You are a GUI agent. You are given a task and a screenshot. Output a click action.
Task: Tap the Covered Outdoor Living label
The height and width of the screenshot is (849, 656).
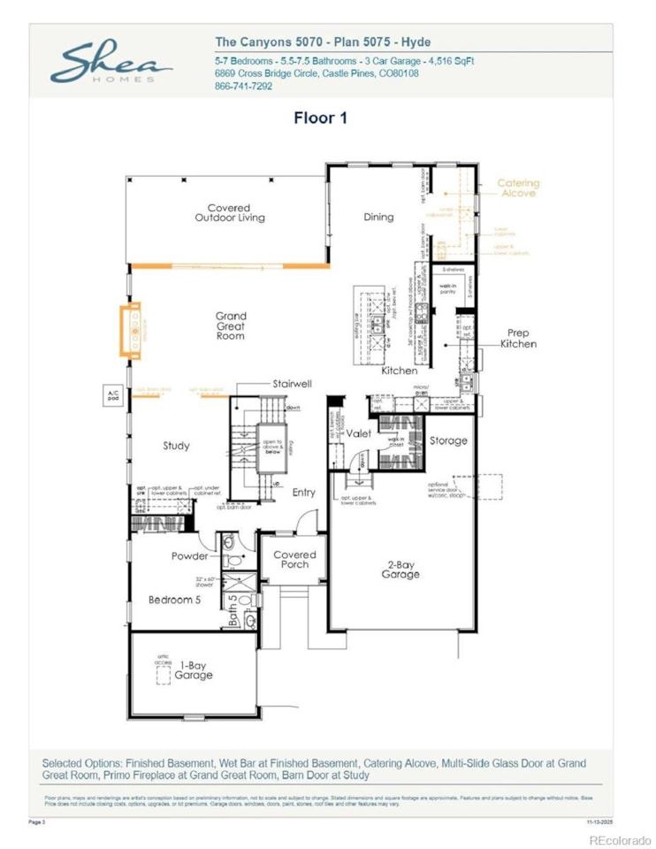coord(230,213)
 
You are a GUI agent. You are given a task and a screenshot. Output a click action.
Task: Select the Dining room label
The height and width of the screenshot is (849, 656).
coord(378,217)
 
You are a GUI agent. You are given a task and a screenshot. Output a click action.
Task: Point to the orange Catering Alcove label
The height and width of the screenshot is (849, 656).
coord(519,188)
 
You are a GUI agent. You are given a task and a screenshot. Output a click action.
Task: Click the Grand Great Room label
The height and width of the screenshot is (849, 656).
coord(231,325)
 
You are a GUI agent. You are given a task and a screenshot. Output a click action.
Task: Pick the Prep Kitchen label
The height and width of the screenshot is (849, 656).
coord(518,339)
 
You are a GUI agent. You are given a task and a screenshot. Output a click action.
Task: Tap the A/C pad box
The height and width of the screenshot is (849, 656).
coord(112,394)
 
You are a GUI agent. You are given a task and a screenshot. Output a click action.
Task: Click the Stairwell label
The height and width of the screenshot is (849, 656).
coord(293,385)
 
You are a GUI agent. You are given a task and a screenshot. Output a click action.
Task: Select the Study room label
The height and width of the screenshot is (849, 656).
coord(176,446)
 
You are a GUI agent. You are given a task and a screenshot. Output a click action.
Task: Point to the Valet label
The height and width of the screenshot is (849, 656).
coord(357,434)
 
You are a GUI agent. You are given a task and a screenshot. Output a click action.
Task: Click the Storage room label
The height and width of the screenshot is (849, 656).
coord(448,440)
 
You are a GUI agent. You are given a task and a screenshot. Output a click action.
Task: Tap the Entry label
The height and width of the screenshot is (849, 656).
coord(303,493)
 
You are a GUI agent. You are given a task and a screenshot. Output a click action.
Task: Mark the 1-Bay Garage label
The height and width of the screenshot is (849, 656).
coord(193,669)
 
